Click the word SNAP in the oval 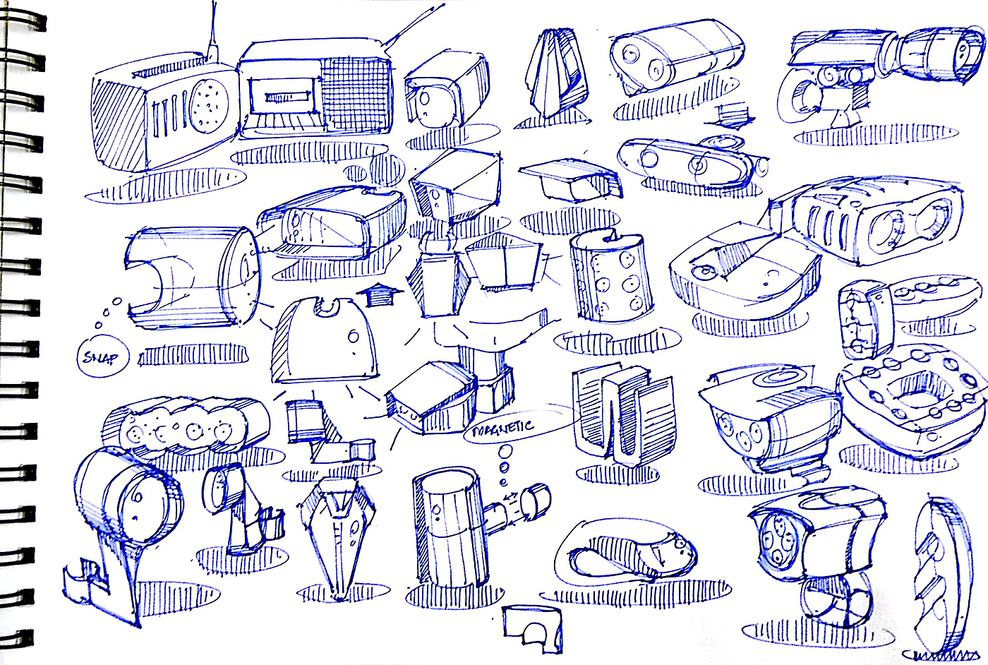coord(101,357)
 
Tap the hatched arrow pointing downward coord(732,113)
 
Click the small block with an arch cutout coord(534,626)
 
